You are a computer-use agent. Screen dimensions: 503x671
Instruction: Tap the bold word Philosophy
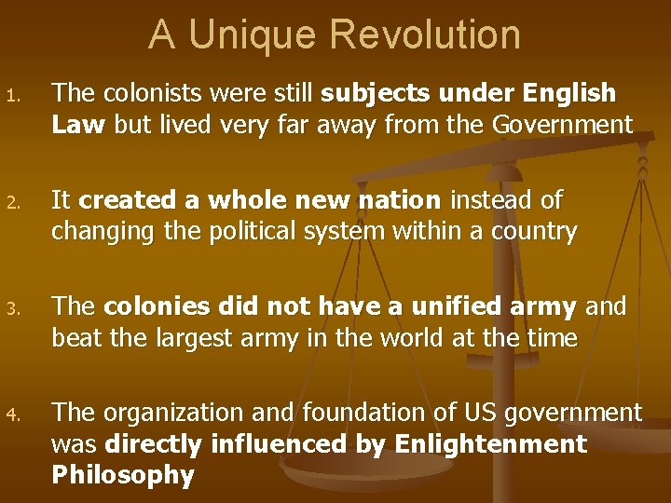click(123, 475)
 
